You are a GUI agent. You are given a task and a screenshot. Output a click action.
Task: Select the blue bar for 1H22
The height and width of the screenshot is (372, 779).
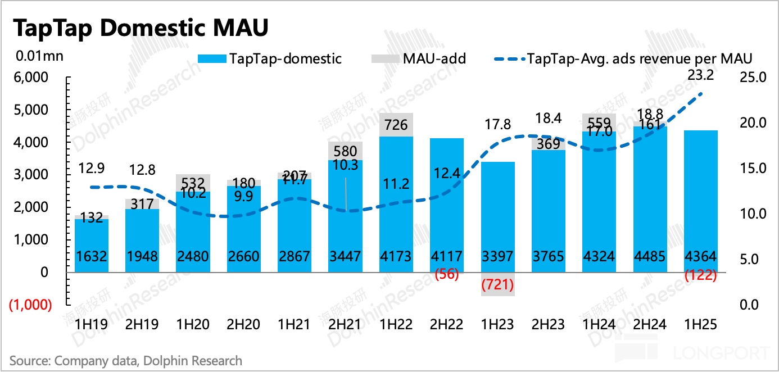pyautogui.click(x=396, y=197)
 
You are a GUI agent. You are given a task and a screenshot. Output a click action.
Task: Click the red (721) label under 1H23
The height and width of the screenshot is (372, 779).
pyautogui.click(x=498, y=285)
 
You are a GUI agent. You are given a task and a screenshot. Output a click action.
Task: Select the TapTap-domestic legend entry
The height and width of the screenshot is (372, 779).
pyautogui.click(x=269, y=58)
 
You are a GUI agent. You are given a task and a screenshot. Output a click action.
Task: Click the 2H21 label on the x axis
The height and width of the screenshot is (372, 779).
pyautogui.click(x=345, y=325)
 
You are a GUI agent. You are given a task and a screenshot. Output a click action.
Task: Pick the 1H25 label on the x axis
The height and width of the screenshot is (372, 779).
pyautogui.click(x=701, y=325)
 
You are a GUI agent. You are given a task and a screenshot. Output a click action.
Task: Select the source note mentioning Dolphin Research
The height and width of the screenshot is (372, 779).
pyautogui.click(x=126, y=360)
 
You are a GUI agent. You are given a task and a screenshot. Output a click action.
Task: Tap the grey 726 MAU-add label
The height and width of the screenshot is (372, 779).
pyautogui.click(x=396, y=125)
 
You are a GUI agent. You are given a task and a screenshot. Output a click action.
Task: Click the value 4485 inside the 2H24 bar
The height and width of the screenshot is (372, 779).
pyautogui.click(x=650, y=257)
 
